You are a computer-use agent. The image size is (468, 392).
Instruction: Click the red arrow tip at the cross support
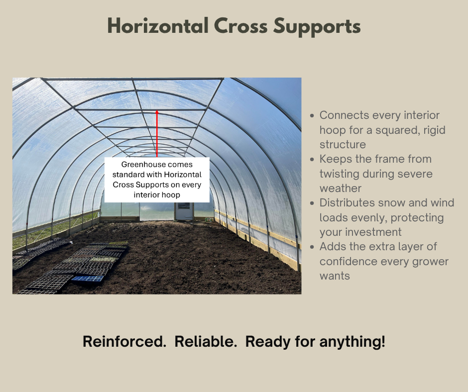157,111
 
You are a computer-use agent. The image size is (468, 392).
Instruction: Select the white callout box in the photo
157,180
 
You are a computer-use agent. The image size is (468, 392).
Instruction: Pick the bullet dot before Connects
312,116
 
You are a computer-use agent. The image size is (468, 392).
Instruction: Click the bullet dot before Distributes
312,203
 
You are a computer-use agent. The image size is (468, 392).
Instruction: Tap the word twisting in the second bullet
341,174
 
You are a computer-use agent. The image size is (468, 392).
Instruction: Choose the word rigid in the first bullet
432,130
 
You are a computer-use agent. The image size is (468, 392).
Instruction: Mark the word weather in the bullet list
341,188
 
